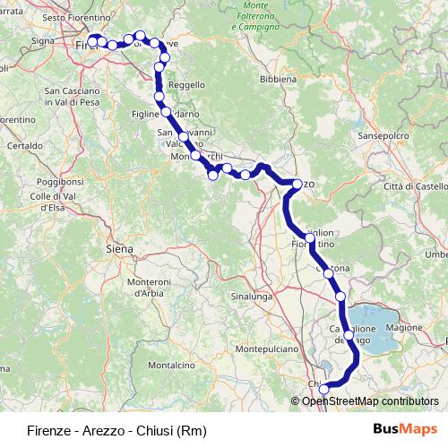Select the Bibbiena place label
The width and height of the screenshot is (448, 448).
[279, 79]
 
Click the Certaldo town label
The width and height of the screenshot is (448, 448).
[25, 144]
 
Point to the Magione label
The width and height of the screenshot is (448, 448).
[404, 328]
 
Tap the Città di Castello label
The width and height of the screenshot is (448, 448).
[414, 185]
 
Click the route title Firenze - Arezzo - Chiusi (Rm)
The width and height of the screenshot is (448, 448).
[116, 429]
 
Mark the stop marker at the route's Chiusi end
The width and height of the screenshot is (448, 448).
[324, 388]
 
